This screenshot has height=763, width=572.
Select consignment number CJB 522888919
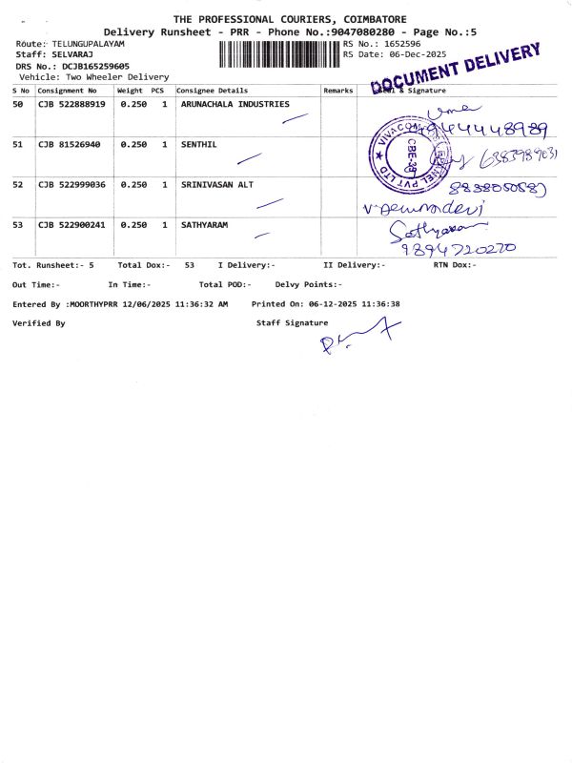(x=71, y=104)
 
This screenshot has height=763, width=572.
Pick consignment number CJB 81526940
(x=70, y=144)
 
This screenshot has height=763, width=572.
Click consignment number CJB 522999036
(x=71, y=184)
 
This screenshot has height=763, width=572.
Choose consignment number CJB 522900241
(x=71, y=225)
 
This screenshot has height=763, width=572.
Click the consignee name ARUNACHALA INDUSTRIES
(x=235, y=104)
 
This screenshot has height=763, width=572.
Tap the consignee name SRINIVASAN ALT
(x=217, y=184)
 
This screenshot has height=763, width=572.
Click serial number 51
(x=18, y=144)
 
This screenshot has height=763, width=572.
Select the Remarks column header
(x=338, y=91)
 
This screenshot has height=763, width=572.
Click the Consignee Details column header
(x=213, y=91)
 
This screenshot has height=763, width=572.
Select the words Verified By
(x=38, y=323)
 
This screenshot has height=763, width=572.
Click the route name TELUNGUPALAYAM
(x=89, y=45)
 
